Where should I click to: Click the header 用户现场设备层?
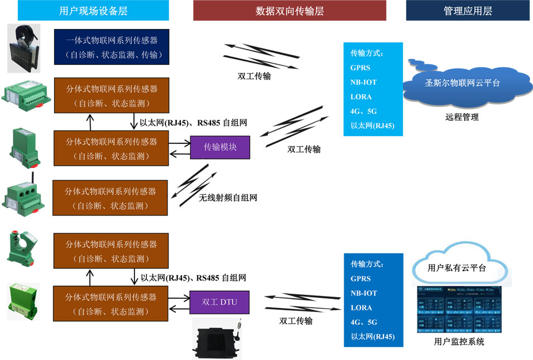pyautogui.click(x=93, y=11)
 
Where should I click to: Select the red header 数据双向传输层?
pyautogui.click(x=289, y=11)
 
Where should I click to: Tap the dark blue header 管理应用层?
pyautogui.click(x=468, y=11)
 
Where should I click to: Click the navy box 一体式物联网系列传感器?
pyautogui.click(x=111, y=47)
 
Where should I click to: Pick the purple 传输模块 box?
pyautogui.click(x=220, y=147)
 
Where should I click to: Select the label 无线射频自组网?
pyautogui.click(x=228, y=198)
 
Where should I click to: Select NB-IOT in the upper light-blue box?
pyautogui.click(x=363, y=82)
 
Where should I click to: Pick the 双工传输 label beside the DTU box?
pyautogui.click(x=296, y=321)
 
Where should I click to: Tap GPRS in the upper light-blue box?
pyautogui.click(x=361, y=68)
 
